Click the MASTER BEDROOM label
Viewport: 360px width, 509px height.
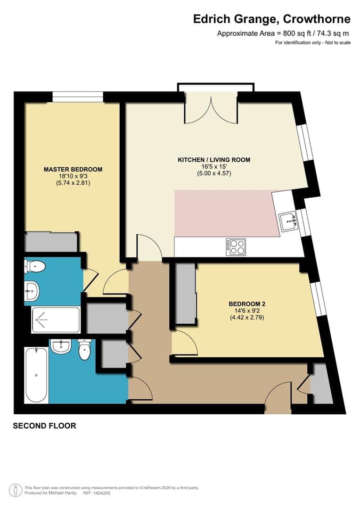click(73, 169)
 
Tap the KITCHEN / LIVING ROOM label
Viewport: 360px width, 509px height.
click(213, 160)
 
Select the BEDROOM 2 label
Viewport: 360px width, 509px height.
click(246, 304)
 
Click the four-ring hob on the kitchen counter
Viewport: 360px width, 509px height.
click(236, 246)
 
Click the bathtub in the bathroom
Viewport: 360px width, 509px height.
click(36, 376)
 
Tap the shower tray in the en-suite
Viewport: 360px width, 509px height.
click(56, 319)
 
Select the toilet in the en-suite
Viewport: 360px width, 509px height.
click(35, 267)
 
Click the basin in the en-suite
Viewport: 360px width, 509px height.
click(32, 291)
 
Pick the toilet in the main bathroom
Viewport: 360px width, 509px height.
click(84, 350)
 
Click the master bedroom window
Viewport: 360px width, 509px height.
click(77, 97)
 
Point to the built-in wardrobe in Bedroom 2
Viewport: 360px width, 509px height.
click(186, 293)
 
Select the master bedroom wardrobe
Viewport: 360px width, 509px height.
click(51, 242)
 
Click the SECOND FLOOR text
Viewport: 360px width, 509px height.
click(44, 426)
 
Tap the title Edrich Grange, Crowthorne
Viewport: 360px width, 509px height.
click(272, 19)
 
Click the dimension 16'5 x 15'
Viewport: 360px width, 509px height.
click(213, 166)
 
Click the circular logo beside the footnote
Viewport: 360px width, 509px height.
click(16, 490)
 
